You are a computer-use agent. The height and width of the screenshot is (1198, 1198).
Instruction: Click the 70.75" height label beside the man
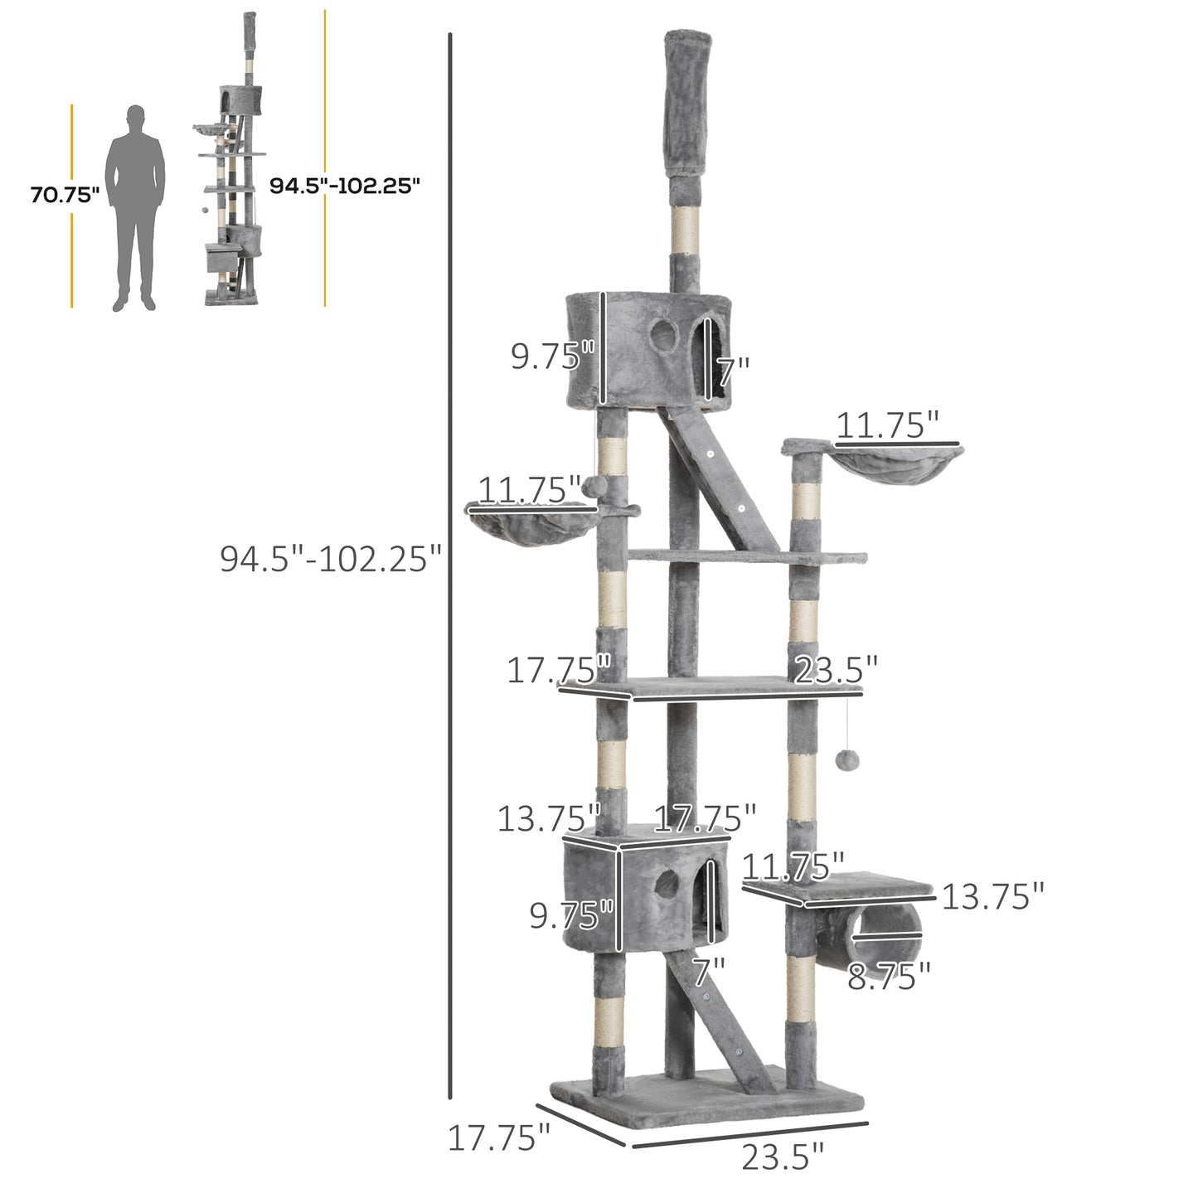coord(65,196)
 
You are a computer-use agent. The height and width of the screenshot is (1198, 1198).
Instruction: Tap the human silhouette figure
coord(135,207)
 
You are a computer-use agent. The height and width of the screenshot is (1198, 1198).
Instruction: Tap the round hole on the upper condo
coord(662,336)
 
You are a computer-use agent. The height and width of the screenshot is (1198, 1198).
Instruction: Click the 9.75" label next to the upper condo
coord(552,356)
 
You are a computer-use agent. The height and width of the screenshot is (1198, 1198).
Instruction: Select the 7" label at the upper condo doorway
coord(734,372)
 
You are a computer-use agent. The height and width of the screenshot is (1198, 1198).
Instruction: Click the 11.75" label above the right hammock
coord(886,425)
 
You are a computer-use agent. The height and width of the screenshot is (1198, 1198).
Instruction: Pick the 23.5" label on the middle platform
coord(836,670)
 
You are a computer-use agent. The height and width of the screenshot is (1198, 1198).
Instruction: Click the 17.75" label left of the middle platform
coord(558,670)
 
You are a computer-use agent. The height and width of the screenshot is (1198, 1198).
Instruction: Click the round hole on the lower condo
coord(666,886)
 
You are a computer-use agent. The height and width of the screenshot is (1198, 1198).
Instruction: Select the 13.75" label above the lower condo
coord(548,819)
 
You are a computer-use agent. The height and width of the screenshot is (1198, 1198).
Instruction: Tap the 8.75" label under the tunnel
coord(889,977)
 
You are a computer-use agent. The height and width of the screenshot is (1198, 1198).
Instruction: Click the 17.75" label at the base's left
coord(498,1138)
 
